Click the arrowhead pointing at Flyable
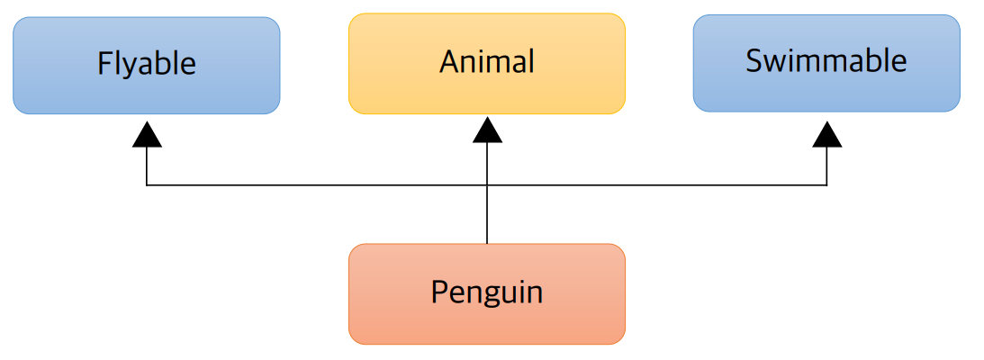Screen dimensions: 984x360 point(147,135)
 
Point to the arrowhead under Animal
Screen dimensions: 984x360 point(487,131)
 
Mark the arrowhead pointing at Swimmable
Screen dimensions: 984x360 point(826,136)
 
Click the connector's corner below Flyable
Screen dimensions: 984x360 point(147,185)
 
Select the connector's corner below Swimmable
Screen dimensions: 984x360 point(826,185)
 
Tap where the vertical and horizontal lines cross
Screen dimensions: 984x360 point(487,185)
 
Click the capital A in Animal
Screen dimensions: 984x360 point(448,61)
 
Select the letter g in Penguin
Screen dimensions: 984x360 point(492,295)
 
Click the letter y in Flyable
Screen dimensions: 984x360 point(130,67)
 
